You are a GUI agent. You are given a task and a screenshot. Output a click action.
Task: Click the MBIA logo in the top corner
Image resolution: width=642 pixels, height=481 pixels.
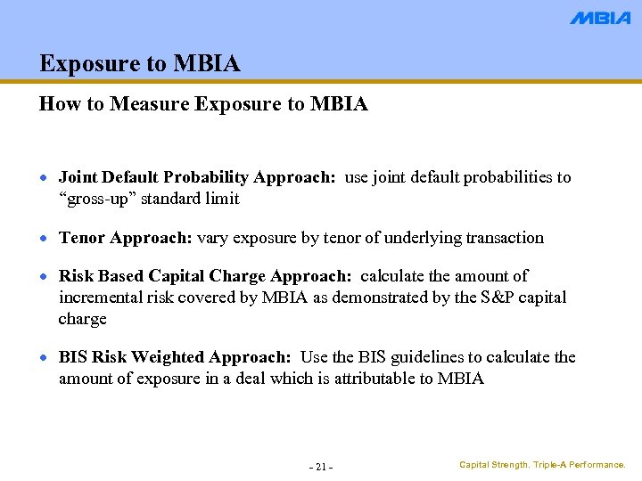click(599, 18)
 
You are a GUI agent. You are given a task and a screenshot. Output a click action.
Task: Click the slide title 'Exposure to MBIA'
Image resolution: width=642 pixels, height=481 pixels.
click(140, 64)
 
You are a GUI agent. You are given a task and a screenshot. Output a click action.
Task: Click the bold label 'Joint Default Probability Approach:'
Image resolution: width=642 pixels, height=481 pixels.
click(197, 177)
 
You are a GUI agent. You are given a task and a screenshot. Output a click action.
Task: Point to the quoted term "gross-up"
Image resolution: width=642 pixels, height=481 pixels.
click(97, 199)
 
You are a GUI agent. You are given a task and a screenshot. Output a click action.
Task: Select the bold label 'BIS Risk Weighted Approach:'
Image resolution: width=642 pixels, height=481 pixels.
click(175, 357)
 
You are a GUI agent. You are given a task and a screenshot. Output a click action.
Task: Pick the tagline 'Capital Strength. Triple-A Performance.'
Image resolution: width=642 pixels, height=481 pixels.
click(542, 465)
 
